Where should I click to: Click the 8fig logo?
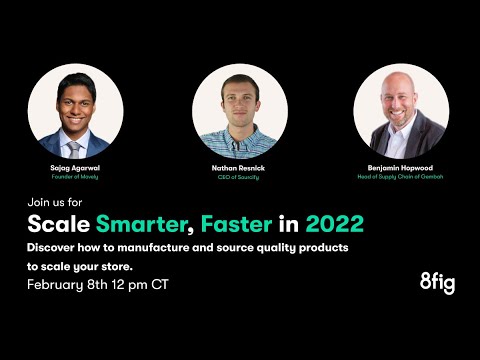point(437,282)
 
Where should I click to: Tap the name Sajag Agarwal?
point(76,170)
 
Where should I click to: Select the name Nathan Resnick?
point(240,170)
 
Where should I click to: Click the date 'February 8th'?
point(74,284)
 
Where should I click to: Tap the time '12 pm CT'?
point(146,284)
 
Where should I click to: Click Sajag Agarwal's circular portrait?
point(76,112)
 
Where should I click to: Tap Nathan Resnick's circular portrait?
point(240,112)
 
